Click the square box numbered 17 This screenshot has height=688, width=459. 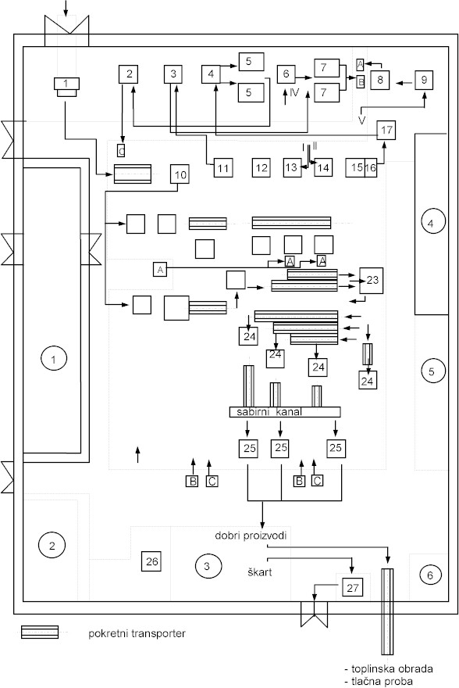[386, 130]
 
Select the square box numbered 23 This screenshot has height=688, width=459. [372, 280]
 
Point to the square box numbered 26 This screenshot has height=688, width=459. [152, 561]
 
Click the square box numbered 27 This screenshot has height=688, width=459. [353, 588]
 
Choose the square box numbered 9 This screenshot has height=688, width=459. [425, 80]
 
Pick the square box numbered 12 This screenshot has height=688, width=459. [262, 167]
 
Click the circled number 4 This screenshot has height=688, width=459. [430, 224]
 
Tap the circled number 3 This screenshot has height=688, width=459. [207, 566]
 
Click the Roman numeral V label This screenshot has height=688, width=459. [361, 120]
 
